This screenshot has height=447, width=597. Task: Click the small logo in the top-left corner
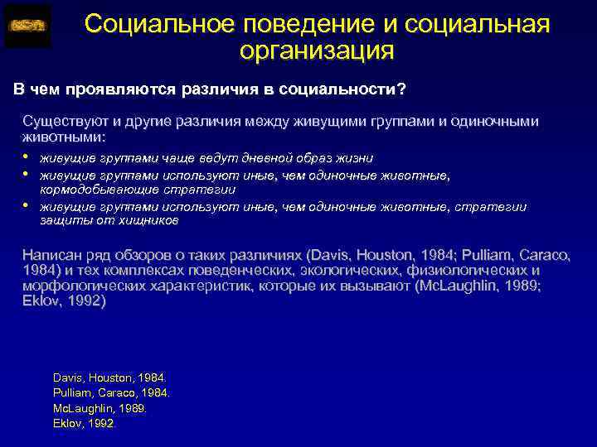tap(27, 26)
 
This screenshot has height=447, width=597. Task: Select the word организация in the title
tap(316, 51)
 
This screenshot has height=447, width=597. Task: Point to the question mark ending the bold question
tap(401, 89)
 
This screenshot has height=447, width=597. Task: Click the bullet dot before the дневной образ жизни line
tap(27, 157)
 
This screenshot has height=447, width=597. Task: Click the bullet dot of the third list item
tap(27, 206)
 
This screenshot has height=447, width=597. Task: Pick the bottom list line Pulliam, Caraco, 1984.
tap(110, 392)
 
